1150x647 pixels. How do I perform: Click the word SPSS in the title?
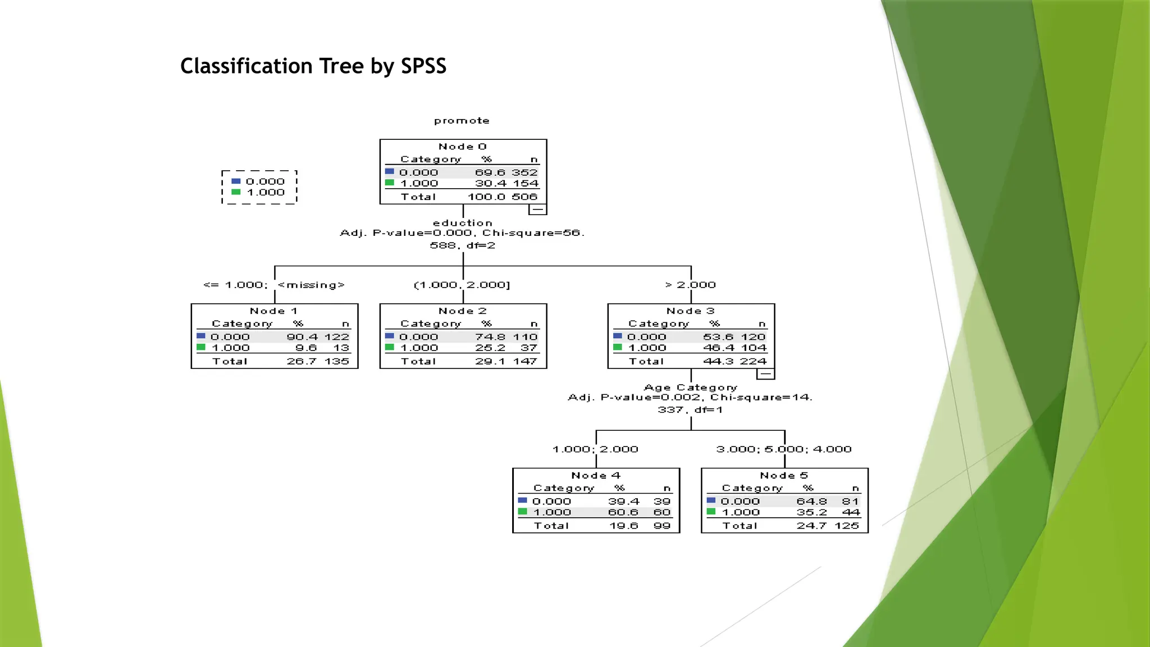[423, 66]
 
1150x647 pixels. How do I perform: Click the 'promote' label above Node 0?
[462, 121]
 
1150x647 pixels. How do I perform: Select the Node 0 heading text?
[462, 147]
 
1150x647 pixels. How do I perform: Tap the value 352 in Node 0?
[524, 172]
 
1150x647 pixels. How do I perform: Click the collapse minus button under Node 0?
[537, 209]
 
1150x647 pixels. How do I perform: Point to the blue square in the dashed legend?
[236, 181]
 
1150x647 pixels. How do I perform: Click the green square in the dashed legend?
[236, 192]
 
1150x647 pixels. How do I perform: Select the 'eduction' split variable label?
[462, 223]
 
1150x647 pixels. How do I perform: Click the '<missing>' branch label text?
[311, 285]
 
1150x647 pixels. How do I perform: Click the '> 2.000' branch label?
[691, 285]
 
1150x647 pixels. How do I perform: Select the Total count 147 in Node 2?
[525, 361]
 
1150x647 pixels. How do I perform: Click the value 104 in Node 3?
[754, 348]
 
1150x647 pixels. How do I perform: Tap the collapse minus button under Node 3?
[765, 374]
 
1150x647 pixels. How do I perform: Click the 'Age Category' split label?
[690, 388]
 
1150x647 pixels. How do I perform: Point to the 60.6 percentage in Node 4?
[623, 512]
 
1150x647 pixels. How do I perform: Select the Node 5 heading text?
[784, 475]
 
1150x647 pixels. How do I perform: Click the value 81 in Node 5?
[850, 502]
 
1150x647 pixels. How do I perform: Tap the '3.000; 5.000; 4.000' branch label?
[784, 449]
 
